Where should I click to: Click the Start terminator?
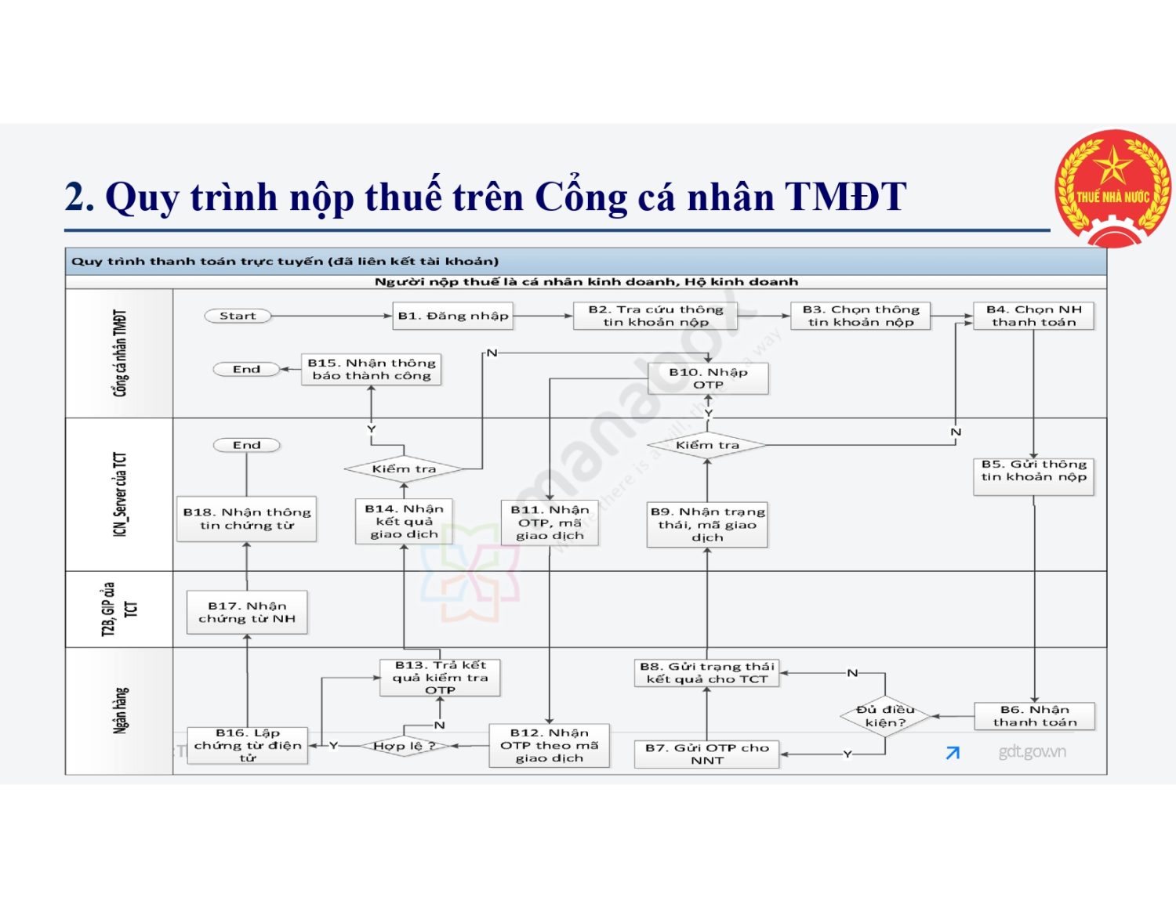coord(238,316)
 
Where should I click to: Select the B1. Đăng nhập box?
coord(453,316)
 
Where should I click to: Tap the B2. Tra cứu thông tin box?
coord(656,316)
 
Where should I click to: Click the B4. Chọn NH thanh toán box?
coord(1033,316)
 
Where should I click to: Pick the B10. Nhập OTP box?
coord(708,378)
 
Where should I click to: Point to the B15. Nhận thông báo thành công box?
coord(372,369)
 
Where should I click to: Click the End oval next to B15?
coord(246,369)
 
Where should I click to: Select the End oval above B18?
coord(246,445)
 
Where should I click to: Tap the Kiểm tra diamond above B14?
coord(404,469)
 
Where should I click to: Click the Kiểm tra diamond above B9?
coord(707,445)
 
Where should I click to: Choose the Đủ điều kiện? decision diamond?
coord(885,716)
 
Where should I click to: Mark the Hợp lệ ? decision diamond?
coord(404,746)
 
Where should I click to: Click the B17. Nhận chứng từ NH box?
coord(247,612)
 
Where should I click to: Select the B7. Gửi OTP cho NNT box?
coord(707,754)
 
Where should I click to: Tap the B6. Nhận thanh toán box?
coord(1034,716)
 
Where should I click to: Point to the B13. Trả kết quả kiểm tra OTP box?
coord(440,678)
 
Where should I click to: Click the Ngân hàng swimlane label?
coord(120,710)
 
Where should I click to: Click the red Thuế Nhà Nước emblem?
coord(1112,188)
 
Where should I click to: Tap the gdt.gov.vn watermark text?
coord(1032,752)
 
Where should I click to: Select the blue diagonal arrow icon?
coord(953,753)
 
